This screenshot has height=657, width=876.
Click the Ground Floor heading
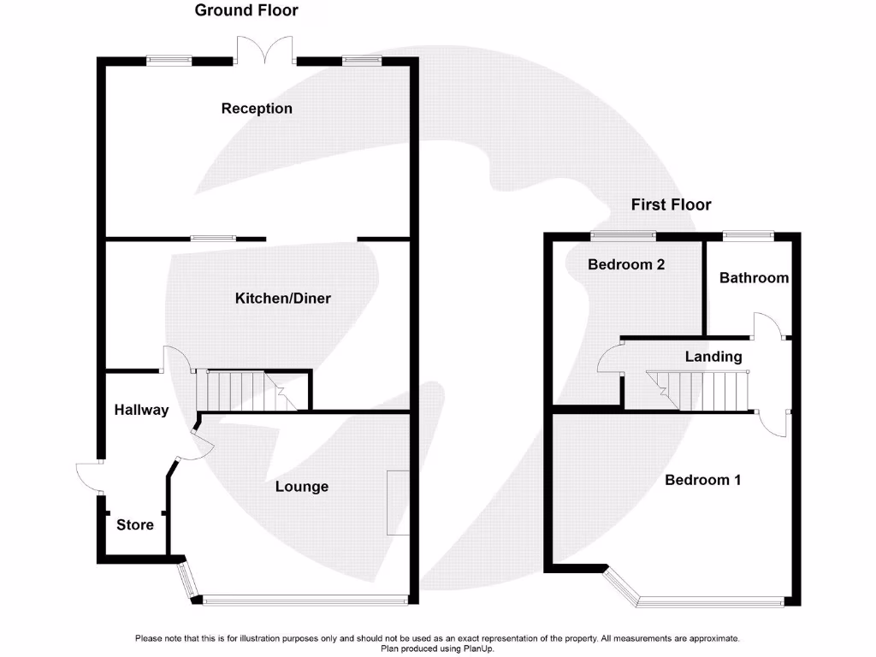[x=246, y=11]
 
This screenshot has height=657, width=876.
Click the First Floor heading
[x=671, y=204]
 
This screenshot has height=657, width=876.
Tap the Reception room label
[x=257, y=109]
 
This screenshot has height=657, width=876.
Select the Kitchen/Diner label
[x=282, y=299]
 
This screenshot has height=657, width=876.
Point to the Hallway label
[x=141, y=411]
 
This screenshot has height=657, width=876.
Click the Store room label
[x=135, y=524]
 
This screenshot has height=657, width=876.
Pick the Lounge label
[x=301, y=487]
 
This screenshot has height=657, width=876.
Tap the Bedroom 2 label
[x=626, y=265]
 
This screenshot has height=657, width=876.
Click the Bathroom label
[x=753, y=278]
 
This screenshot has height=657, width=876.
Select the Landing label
[x=713, y=357]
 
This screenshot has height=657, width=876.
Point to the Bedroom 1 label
[x=702, y=480]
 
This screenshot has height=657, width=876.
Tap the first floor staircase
[x=697, y=389]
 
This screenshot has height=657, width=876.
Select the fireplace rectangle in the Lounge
[x=397, y=502]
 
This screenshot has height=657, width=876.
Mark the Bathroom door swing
[x=767, y=327]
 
